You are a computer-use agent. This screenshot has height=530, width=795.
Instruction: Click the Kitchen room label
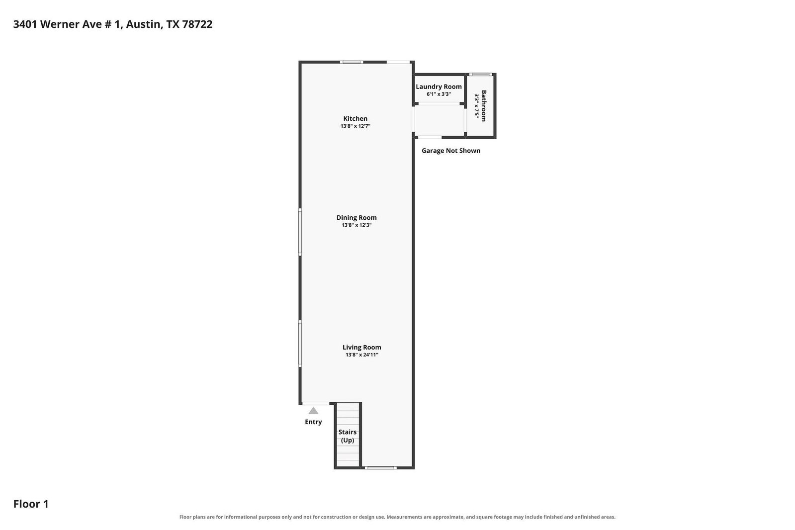point(355,118)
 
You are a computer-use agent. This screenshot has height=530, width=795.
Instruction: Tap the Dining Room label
point(356,218)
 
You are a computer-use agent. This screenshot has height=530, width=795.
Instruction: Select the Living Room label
point(361,347)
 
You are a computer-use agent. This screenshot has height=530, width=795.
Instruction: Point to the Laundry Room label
point(439,87)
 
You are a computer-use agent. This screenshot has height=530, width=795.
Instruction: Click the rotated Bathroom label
point(483,106)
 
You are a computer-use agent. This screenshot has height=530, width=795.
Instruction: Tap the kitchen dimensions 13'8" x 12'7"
point(355,126)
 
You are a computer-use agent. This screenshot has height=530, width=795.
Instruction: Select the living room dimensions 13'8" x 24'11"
point(361,354)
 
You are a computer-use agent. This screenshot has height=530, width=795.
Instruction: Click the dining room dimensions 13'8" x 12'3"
point(356,225)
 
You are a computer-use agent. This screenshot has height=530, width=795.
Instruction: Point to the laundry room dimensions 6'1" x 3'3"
point(439,94)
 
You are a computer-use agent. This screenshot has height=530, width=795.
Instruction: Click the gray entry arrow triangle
point(313,411)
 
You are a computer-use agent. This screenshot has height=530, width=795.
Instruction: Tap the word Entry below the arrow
point(313,422)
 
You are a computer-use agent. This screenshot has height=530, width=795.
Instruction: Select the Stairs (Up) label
point(348,436)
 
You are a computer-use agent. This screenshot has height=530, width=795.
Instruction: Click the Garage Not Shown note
point(451,151)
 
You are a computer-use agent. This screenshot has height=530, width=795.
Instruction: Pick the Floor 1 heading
point(31,504)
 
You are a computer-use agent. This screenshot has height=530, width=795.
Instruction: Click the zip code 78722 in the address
point(197,24)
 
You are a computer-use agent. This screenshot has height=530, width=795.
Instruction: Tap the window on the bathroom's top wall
point(481,75)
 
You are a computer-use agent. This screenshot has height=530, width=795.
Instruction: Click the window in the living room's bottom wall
point(380,467)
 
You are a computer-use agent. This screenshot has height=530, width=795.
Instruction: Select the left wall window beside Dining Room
point(300,232)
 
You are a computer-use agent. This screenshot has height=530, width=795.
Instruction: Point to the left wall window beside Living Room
point(300,344)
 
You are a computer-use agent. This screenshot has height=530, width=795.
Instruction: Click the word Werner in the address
point(60,24)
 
